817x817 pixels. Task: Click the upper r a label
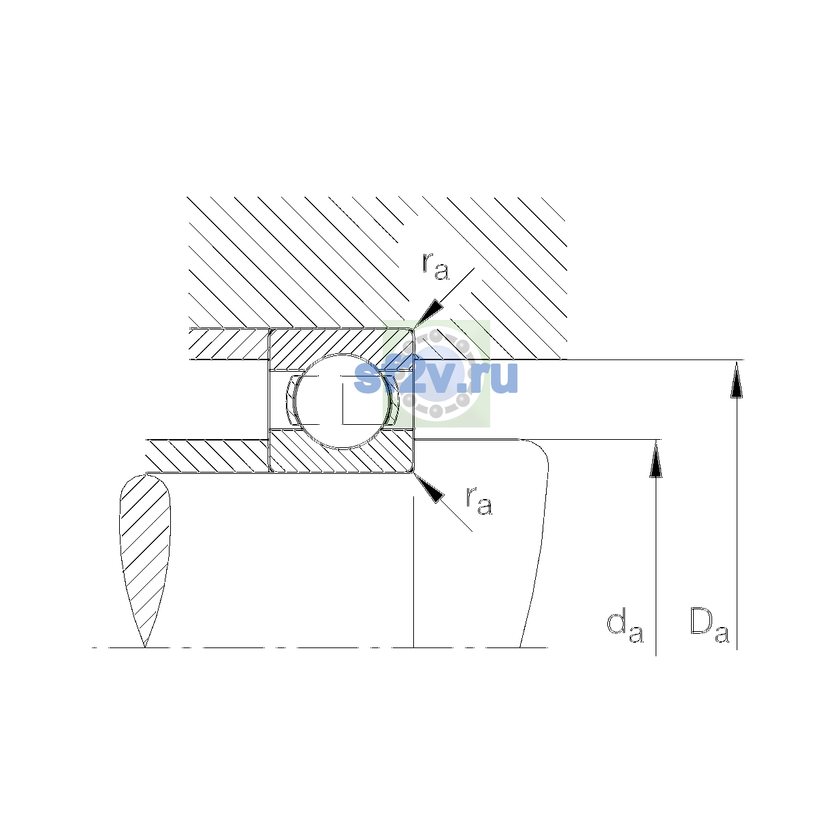click(x=435, y=267)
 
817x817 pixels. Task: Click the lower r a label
click(x=479, y=502)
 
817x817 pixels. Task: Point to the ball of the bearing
click(x=342, y=402)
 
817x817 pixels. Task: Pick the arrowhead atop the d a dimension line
click(x=656, y=459)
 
